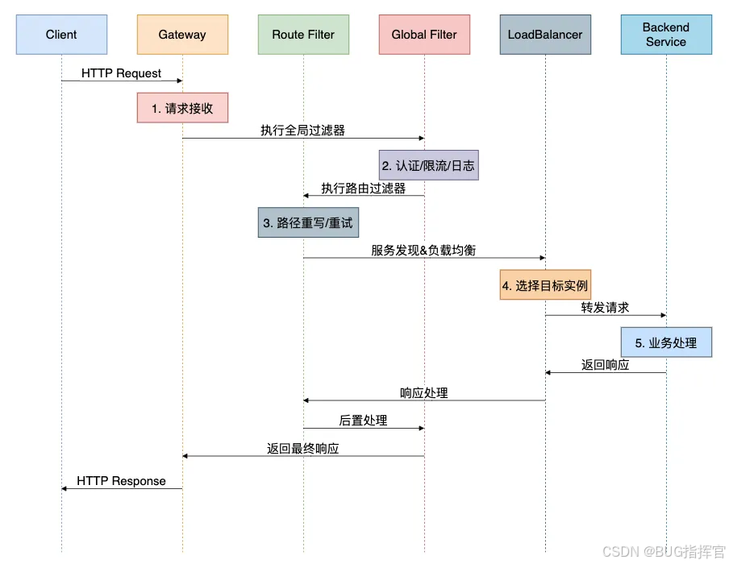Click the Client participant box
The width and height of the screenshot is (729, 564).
pyautogui.click(x=61, y=35)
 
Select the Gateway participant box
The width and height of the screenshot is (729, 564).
pyautogui.click(x=182, y=35)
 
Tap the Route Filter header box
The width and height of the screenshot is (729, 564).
pyautogui.click(x=303, y=35)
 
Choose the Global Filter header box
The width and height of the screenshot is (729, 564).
pyautogui.click(x=424, y=35)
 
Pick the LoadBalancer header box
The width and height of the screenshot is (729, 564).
pyautogui.click(x=545, y=35)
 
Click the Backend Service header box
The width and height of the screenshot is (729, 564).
pyautogui.click(x=666, y=35)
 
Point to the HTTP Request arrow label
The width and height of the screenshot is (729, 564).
pyautogui.click(x=121, y=73)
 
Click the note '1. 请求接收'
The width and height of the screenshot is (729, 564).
pyautogui.click(x=182, y=108)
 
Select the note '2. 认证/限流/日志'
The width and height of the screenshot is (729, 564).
pyautogui.click(x=428, y=166)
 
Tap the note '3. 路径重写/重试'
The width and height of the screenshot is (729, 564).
pyautogui.click(x=307, y=223)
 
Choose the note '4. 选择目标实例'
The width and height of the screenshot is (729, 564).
pyautogui.click(x=545, y=285)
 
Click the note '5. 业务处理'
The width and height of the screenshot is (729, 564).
pyautogui.click(x=666, y=342)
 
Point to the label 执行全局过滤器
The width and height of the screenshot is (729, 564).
pyautogui.click(x=303, y=131)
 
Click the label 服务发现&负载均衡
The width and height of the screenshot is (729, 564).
pyautogui.click(x=423, y=251)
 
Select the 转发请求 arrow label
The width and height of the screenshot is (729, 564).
pyautogui.click(x=605, y=308)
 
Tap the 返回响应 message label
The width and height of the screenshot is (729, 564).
pyautogui.click(x=605, y=365)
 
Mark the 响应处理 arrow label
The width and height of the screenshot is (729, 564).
pyautogui.click(x=423, y=393)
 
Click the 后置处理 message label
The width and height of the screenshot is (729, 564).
pyautogui.click(x=363, y=421)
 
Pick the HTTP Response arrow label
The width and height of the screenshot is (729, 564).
pyautogui.click(x=121, y=481)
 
